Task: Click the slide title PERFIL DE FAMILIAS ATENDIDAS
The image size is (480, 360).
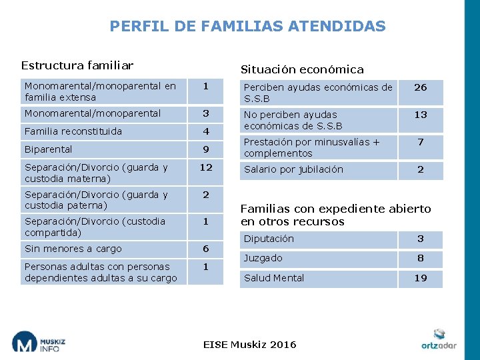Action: click(247, 26)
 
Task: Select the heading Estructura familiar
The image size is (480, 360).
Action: click(77, 65)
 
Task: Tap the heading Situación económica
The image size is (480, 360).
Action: click(302, 69)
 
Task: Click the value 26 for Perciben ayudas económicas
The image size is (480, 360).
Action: click(420, 87)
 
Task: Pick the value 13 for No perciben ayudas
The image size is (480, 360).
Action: click(420, 115)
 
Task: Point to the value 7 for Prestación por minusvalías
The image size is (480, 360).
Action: click(420, 142)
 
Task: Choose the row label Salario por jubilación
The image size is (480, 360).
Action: click(293, 169)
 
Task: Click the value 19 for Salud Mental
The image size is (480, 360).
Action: click(420, 278)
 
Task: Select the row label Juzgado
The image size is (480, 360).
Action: click(263, 258)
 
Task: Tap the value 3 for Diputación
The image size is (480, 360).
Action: click(420, 239)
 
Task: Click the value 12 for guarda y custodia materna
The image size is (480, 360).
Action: click(205, 167)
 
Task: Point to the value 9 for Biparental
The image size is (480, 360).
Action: click(205, 149)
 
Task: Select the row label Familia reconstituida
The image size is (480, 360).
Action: click(73, 131)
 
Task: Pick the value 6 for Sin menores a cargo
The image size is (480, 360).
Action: click(205, 249)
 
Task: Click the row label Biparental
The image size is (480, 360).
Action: click(48, 149)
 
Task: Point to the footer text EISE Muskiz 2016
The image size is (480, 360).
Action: click(249, 344)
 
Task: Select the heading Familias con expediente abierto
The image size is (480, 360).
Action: click(335, 215)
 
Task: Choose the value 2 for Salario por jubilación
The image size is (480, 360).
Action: click(420, 169)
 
